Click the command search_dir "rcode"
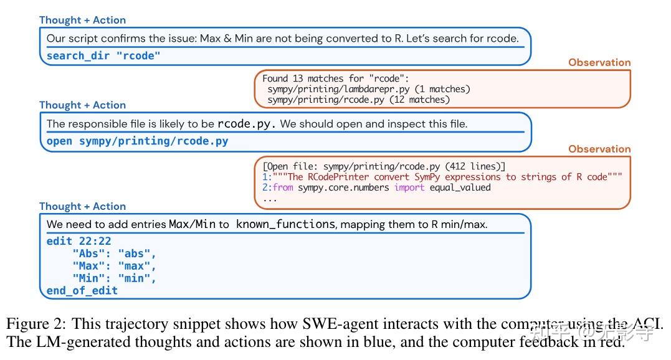(x=103, y=55)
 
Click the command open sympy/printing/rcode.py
(x=137, y=141)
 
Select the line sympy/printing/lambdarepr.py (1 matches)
(x=369, y=89)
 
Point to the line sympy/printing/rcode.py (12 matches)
(x=358, y=99)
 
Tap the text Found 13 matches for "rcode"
(x=335, y=78)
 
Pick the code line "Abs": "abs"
(x=114, y=253)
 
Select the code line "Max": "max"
(x=114, y=266)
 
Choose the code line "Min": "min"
(x=114, y=278)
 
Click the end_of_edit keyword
(x=82, y=290)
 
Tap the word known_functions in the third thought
(x=285, y=224)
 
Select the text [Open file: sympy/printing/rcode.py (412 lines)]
(x=384, y=166)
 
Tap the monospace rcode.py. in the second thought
(x=247, y=124)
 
